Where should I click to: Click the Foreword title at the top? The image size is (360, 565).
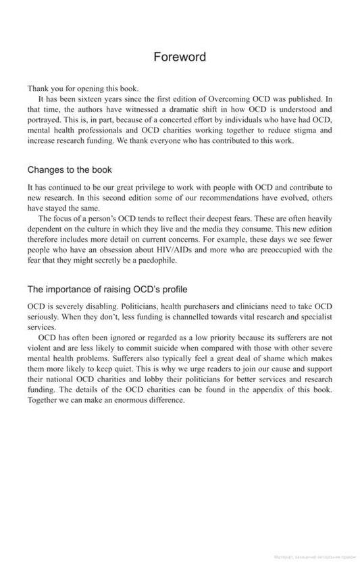(x=179, y=57)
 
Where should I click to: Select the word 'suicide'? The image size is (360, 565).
(x=174, y=349)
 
